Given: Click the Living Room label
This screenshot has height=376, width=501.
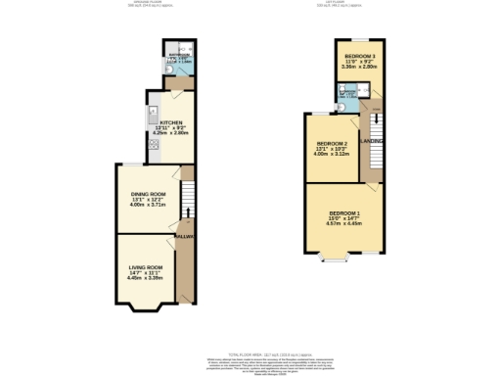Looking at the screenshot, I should tap(145, 266).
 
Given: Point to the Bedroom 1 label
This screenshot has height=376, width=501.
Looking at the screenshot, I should tap(343, 213).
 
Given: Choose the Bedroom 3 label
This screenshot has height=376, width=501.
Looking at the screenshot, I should tap(354, 57).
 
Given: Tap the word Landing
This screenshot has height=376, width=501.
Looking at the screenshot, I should tap(372, 142).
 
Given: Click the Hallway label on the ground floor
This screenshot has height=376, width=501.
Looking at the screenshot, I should tap(185, 236).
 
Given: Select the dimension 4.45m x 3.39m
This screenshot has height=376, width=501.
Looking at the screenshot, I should tap(145, 279).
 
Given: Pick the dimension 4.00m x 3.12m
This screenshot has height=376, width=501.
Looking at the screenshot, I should tap(332, 155).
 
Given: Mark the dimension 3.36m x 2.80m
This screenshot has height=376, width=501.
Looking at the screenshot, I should tap(354, 68).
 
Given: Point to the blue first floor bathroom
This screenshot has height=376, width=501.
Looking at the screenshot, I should tap(348, 96).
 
